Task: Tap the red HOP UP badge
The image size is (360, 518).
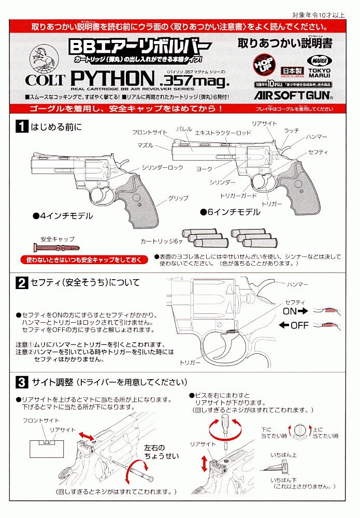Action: pos(264,67)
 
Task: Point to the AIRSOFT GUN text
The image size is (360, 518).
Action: pos(293,96)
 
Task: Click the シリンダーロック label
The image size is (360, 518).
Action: pos(163,167)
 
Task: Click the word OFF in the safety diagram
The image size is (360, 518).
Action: pos(299,325)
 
